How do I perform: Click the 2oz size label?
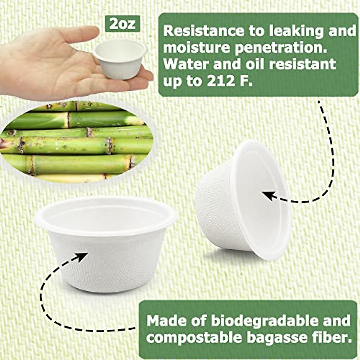pos(122,24)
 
